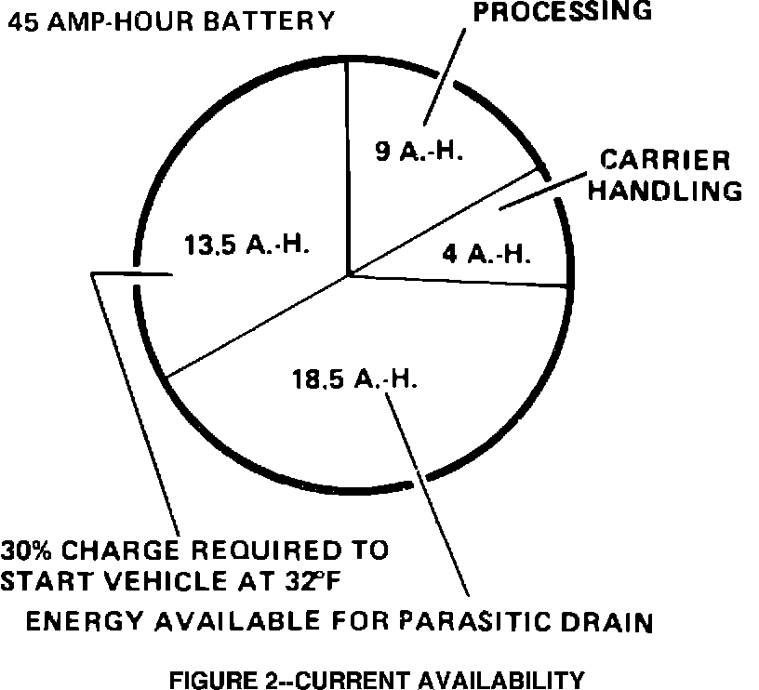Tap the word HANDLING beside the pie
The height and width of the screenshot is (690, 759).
[667, 191]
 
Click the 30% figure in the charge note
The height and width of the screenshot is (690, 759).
[29, 550]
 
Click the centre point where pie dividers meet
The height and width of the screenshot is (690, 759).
[349, 275]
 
